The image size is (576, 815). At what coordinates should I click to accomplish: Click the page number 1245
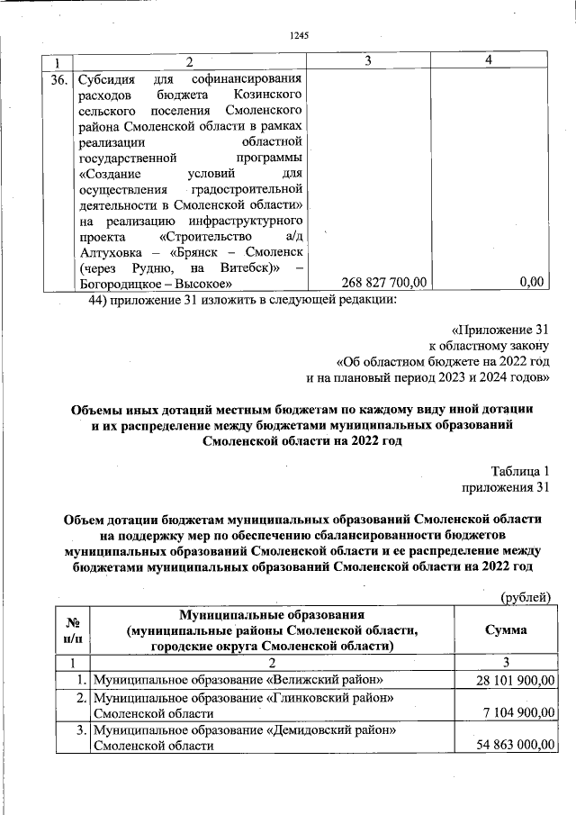300,36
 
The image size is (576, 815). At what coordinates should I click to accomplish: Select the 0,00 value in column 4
533,283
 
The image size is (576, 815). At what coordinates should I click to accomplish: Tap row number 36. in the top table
58,78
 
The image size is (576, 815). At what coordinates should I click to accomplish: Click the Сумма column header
506,629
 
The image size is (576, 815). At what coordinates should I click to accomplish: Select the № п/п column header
75,629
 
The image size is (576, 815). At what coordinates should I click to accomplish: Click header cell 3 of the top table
369,60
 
